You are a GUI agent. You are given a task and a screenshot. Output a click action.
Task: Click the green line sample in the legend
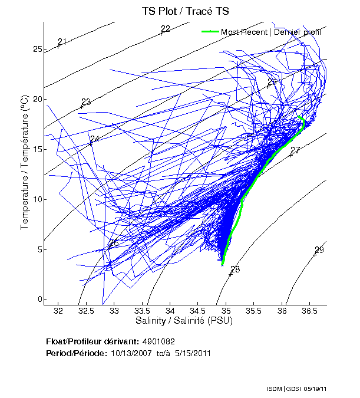[210, 32]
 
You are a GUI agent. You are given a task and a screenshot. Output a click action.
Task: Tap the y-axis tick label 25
[38, 49]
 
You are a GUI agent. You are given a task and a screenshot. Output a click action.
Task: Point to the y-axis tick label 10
[38, 199]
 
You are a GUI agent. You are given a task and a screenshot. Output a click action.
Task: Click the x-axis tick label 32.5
[86, 310]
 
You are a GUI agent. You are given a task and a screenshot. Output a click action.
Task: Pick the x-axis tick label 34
[170, 310]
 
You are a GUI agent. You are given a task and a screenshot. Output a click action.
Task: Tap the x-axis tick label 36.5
[310, 310]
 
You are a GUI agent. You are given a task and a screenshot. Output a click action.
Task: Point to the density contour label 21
[62, 41]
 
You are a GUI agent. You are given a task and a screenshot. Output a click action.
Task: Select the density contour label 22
[166, 29]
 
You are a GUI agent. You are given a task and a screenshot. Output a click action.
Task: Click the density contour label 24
[95, 139]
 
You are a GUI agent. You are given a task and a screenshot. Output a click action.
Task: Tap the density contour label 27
[296, 150]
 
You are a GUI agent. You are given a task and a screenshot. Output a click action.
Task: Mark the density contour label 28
[235, 269]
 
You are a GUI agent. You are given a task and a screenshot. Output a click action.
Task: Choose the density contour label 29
[319, 250]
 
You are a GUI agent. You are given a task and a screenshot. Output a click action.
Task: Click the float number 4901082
[158, 341]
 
